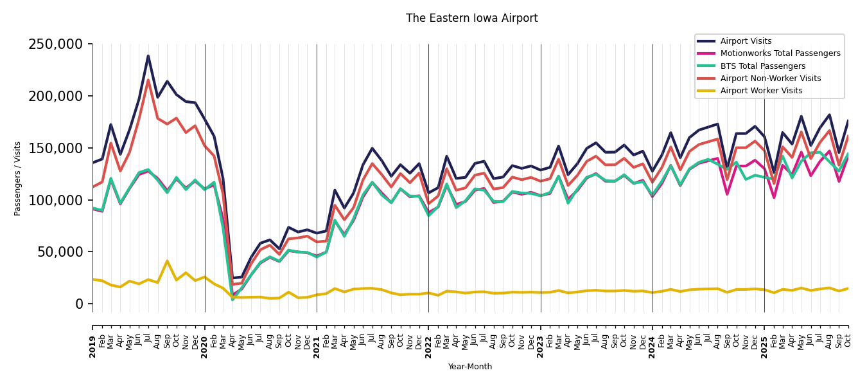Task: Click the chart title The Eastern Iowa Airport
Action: [471, 19]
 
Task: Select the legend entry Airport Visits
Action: [746, 41]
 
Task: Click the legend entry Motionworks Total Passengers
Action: [780, 53]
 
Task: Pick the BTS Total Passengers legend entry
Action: [762, 66]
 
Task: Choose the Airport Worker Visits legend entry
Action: [761, 91]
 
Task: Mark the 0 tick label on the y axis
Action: [80, 304]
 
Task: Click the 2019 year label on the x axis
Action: [92, 347]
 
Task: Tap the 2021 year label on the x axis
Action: [317, 347]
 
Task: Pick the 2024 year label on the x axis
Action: [652, 347]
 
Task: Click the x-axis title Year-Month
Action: [470, 367]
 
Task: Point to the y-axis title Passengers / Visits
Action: [18, 178]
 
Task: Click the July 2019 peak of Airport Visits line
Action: [148, 56]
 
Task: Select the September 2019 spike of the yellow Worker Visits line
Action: [167, 261]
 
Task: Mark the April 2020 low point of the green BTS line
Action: [232, 300]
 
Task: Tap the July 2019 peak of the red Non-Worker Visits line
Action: [148, 80]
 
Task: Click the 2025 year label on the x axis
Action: [764, 347]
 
